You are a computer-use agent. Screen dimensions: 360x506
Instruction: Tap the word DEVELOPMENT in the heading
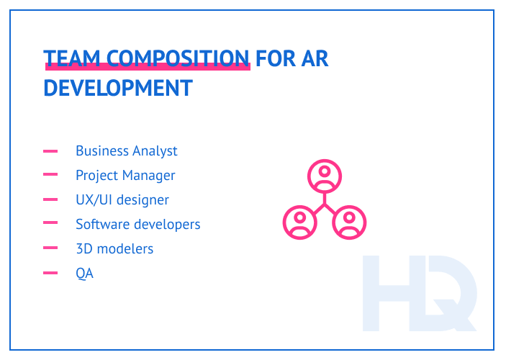coord(118,88)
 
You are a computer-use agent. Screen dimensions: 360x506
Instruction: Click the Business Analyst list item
coord(126,150)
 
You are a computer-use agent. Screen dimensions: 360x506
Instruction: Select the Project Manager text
coord(125,175)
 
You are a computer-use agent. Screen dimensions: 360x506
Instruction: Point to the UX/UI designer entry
coord(122,199)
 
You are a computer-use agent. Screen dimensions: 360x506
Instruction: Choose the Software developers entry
coord(137,224)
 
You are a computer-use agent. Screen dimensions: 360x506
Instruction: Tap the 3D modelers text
coord(114,248)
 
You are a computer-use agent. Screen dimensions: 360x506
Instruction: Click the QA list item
coord(84,273)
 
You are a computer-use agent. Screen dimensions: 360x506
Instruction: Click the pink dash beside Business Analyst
coord(50,151)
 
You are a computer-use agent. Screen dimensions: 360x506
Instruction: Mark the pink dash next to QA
coord(50,273)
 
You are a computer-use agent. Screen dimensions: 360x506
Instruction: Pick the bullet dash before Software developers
coord(50,225)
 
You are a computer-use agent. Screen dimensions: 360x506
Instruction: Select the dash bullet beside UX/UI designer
coord(50,199)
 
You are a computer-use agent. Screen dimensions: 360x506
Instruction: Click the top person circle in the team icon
coord(325,176)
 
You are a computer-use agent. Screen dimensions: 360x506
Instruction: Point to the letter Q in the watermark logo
coord(450,295)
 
